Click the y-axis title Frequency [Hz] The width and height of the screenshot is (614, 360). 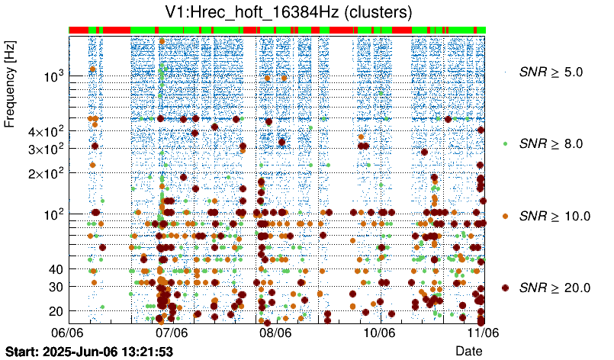click(x=11, y=85)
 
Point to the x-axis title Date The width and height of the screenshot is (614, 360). click(x=468, y=350)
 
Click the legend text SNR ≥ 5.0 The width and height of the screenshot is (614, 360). click(x=551, y=72)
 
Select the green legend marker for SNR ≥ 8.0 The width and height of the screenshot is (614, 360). click(x=506, y=143)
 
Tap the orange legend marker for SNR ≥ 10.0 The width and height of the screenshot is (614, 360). click(x=506, y=216)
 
